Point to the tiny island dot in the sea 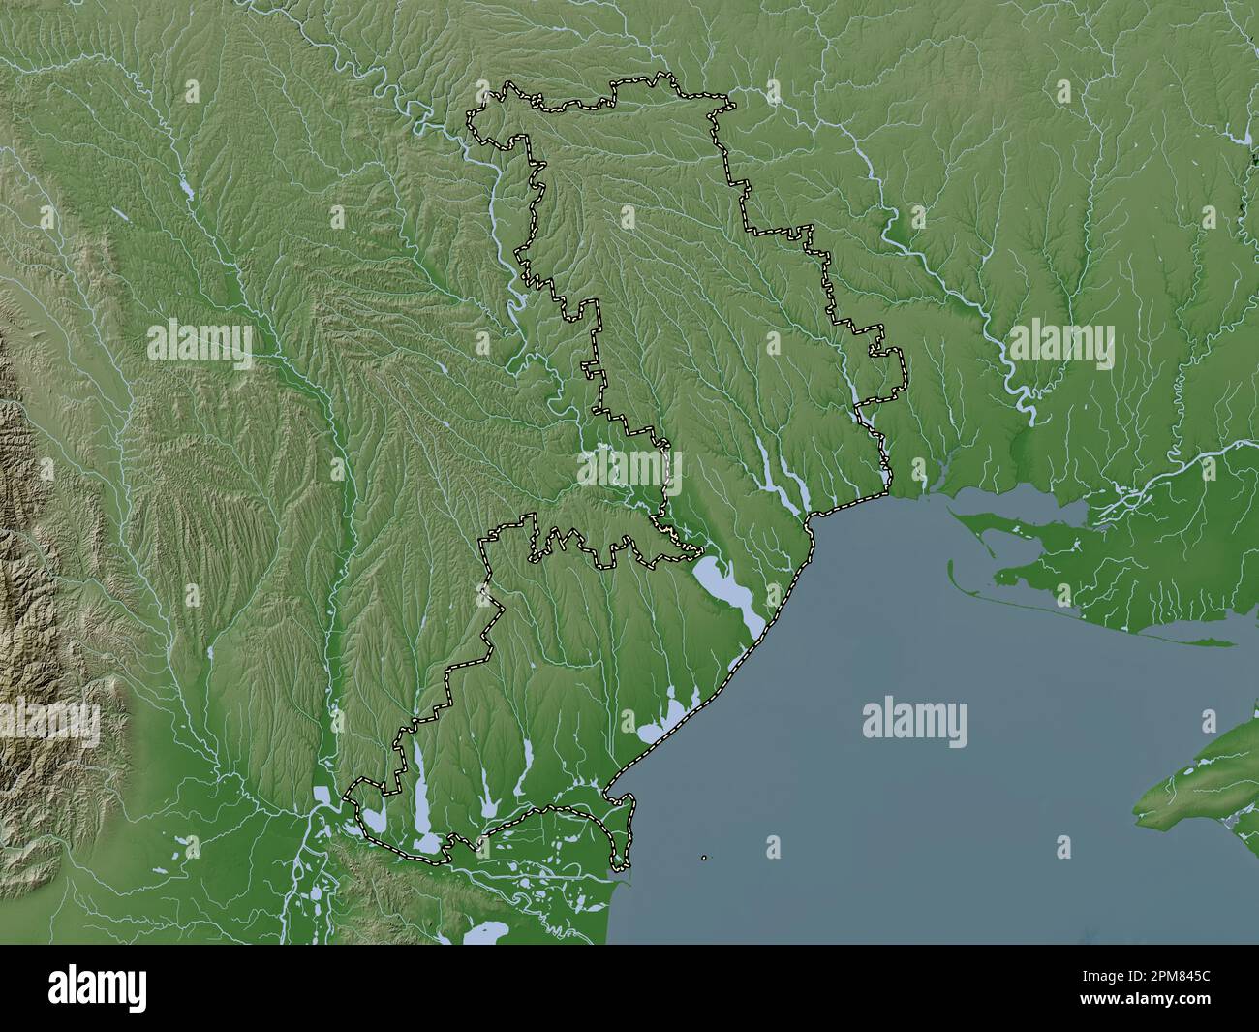tap(704, 857)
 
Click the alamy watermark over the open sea tap(914, 722)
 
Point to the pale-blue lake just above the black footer tap(484, 932)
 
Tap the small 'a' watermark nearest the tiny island tap(773, 845)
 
